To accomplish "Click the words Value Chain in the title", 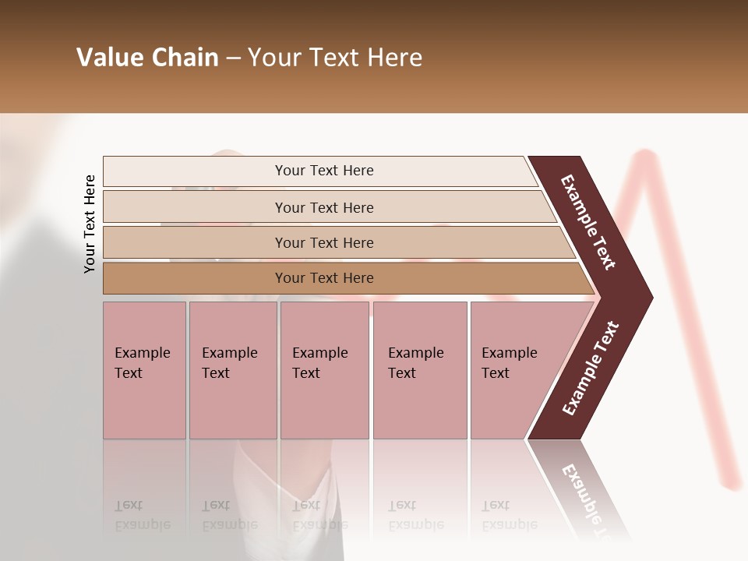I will (147, 58).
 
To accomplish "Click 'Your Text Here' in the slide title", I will (335, 58).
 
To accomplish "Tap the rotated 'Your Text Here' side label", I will (90, 224).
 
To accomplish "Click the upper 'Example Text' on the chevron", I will (588, 222).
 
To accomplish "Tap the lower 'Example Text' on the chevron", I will (591, 369).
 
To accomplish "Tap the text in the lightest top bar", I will (324, 171).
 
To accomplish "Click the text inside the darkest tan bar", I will (324, 278).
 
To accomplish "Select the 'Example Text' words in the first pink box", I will (142, 363).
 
